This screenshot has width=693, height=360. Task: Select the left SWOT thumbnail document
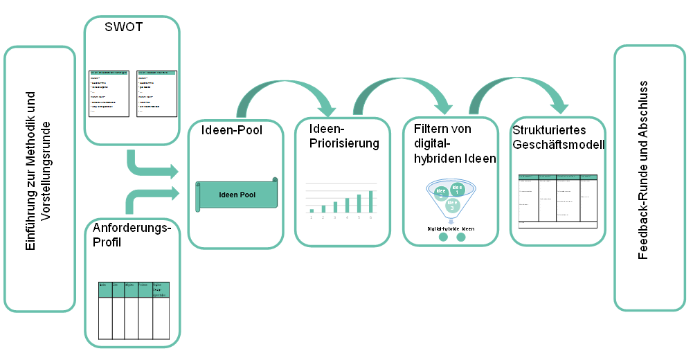[x=109, y=93]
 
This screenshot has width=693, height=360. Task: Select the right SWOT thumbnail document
[x=156, y=93]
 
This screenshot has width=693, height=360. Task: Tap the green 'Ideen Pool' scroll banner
[x=237, y=195]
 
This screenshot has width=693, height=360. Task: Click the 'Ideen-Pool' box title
[x=231, y=129]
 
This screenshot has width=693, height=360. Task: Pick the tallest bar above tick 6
[x=371, y=201]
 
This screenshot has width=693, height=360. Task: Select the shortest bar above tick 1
[x=312, y=210]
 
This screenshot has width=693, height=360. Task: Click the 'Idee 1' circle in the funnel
[x=457, y=188]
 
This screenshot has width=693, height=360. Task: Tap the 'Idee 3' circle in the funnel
[x=452, y=205]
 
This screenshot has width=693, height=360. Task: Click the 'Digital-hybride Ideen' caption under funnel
[x=451, y=228]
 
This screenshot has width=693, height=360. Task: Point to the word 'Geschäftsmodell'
[x=559, y=145]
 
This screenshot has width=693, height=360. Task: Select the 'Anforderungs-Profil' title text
[x=132, y=235]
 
